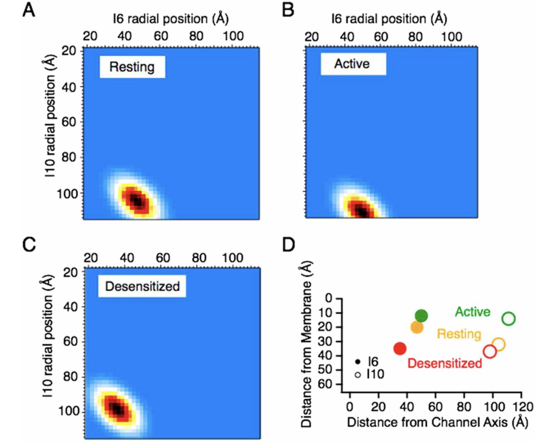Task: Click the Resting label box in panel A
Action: pyautogui.click(x=132, y=67)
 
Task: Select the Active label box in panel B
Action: pyautogui.click(x=353, y=64)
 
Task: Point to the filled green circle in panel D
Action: pyautogui.click(x=421, y=316)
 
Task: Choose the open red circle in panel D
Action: pyautogui.click(x=490, y=352)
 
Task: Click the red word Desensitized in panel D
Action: pyautogui.click(x=445, y=363)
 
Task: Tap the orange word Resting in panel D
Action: pyautogui.click(x=459, y=334)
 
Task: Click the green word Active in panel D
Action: pyautogui.click(x=473, y=312)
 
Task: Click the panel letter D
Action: pyautogui.click(x=289, y=244)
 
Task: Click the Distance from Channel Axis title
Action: pyautogui.click(x=437, y=422)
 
